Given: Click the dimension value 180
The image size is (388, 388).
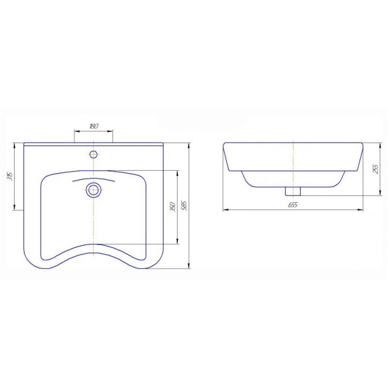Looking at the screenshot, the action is (x=94, y=126).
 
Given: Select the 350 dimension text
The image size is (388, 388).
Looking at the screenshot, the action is (x=173, y=207).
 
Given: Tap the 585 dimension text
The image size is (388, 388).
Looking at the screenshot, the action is (x=185, y=205).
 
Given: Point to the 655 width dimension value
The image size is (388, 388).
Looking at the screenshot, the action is (x=293, y=205).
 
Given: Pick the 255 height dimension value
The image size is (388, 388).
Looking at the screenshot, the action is (x=375, y=169).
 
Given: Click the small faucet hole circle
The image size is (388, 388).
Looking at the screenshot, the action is (x=94, y=154).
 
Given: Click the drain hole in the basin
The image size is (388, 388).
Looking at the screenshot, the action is (x=93, y=190).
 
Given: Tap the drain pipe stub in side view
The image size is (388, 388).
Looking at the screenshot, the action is (x=293, y=191).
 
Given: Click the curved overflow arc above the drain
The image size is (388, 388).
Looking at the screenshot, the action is (x=94, y=179).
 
